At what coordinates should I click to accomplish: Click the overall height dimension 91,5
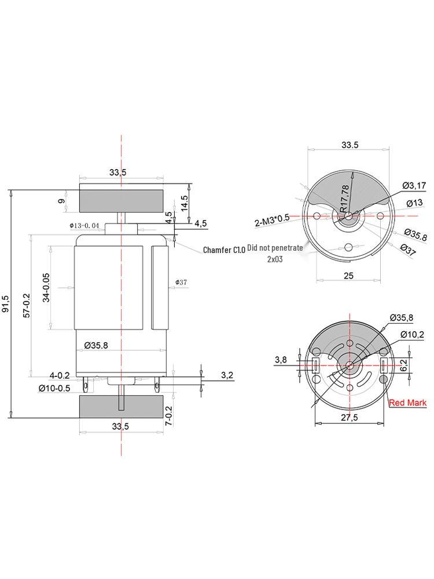click(6, 303)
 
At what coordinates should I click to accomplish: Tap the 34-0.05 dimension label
click(46, 288)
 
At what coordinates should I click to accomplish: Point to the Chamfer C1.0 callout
click(224, 250)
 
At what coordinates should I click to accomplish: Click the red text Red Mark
click(407, 402)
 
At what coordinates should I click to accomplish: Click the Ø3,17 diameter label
click(414, 185)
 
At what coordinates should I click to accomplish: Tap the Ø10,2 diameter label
click(412, 335)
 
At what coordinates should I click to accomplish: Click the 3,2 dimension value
click(227, 375)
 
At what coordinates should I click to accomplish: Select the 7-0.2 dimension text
click(169, 416)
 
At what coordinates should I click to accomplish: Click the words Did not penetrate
click(275, 247)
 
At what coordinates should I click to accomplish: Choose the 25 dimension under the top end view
click(348, 276)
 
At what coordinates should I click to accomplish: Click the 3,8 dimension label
click(281, 360)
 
